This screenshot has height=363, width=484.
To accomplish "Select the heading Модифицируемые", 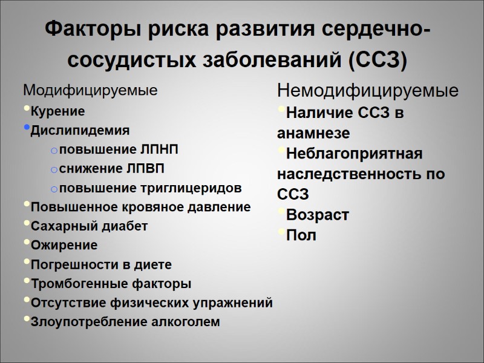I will click(90, 91).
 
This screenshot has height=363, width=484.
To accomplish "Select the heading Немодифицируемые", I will click(367, 91).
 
